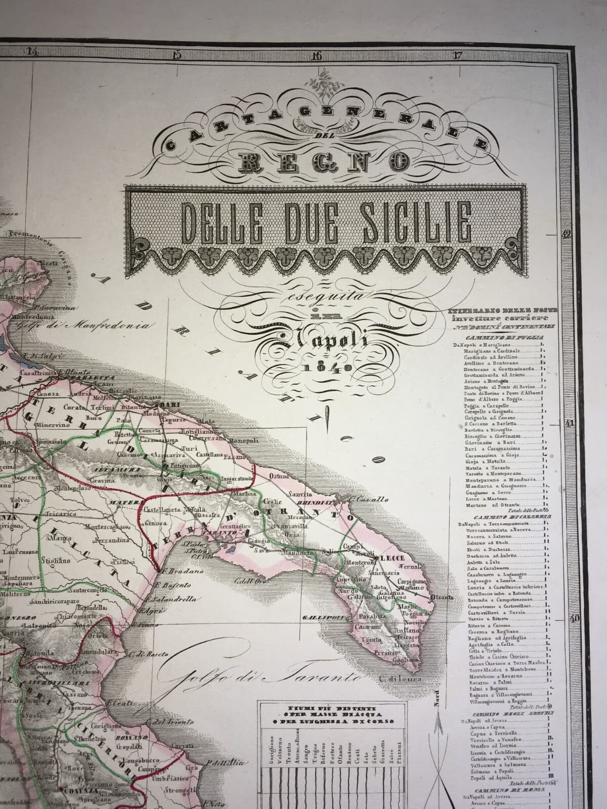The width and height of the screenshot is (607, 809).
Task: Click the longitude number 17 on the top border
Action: (457, 55)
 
